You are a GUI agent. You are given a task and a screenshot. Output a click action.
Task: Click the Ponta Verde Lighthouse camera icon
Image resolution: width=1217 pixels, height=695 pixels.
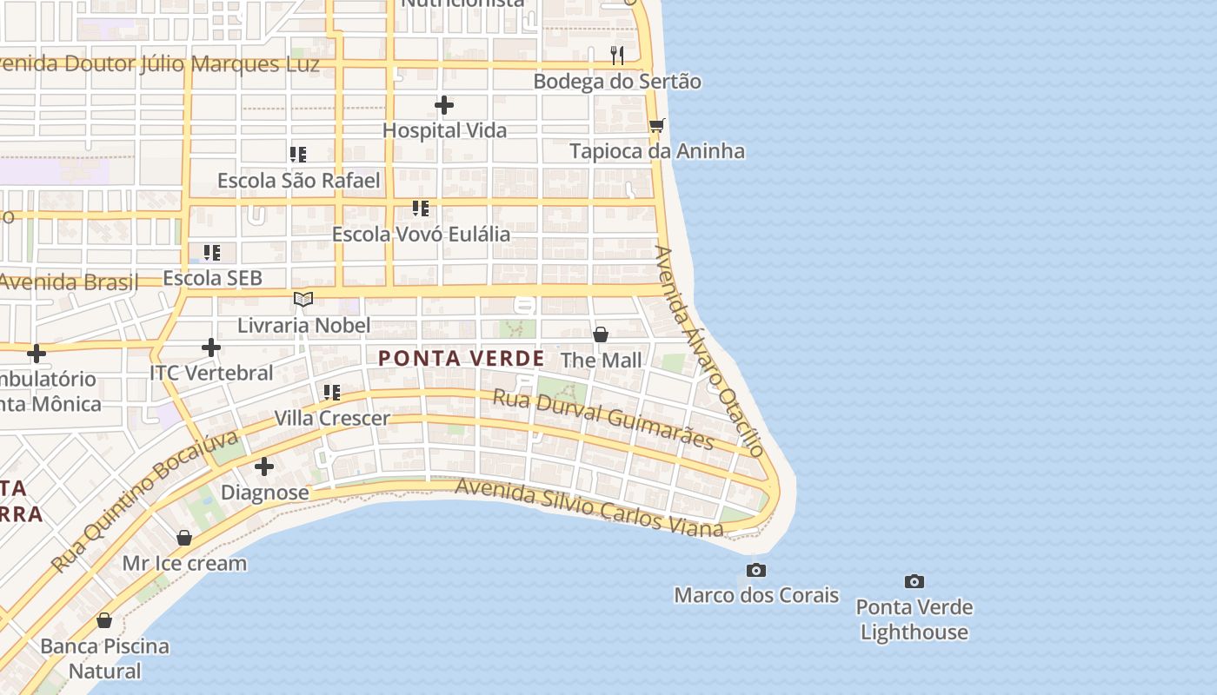pyautogui.click(x=914, y=581)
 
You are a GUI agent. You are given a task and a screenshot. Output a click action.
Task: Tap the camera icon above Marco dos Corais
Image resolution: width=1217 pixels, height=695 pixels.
pyautogui.click(x=756, y=570)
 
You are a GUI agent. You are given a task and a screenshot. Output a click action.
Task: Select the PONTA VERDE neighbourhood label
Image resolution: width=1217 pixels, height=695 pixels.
pyautogui.click(x=462, y=358)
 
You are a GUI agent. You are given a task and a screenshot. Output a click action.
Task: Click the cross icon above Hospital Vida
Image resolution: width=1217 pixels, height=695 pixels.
pyautogui.click(x=444, y=106)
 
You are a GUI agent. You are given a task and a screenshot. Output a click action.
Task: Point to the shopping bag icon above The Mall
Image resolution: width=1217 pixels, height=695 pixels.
pyautogui.click(x=600, y=334)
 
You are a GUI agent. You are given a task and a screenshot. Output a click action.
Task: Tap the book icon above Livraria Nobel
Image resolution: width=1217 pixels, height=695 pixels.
pyautogui.click(x=303, y=300)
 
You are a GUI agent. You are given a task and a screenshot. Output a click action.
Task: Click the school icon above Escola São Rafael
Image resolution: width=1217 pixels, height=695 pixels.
pyautogui.click(x=298, y=155)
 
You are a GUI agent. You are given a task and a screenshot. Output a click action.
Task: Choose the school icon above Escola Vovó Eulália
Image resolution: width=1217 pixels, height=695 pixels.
pyautogui.click(x=421, y=208)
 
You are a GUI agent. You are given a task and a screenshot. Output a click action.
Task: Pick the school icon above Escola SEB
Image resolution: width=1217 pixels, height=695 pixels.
pyautogui.click(x=212, y=253)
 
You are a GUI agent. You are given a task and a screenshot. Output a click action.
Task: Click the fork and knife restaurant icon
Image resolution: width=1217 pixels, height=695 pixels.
pyautogui.click(x=617, y=56)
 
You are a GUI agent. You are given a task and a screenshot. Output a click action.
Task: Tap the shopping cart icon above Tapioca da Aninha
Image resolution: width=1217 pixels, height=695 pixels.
pyautogui.click(x=656, y=126)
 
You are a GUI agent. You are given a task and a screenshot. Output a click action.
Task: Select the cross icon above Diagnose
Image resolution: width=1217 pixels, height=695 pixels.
pyautogui.click(x=264, y=467)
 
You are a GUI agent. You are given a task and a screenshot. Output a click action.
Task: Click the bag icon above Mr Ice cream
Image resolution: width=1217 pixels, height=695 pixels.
pyautogui.click(x=184, y=538)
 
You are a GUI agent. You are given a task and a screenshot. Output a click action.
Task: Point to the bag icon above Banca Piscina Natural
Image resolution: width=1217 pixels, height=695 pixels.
pyautogui.click(x=104, y=620)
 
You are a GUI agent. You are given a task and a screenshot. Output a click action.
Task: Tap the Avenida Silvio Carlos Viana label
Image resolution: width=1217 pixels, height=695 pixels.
pyautogui.click(x=589, y=507)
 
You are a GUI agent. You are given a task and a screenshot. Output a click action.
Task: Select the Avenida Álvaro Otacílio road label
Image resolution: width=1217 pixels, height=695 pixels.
pyautogui.click(x=708, y=350)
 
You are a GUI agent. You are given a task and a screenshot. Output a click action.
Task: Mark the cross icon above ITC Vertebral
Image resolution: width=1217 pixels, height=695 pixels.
pyautogui.click(x=211, y=347)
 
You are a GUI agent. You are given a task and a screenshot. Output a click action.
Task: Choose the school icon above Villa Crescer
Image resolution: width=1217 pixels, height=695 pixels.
pyautogui.click(x=332, y=393)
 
